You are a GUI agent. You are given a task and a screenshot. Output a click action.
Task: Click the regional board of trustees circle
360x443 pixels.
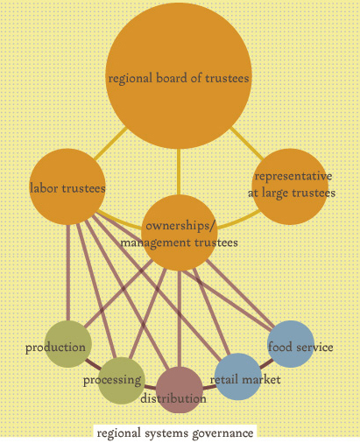(179, 76)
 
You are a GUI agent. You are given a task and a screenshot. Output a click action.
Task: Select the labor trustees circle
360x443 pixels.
(67, 186)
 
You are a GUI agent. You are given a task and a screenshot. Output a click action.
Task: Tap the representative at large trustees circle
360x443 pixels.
(290, 186)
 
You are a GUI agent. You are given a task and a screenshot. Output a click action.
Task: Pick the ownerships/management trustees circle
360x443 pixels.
(180, 233)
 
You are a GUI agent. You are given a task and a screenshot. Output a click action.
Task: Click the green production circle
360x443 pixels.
(68, 344)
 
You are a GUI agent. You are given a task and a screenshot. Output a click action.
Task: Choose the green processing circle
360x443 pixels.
(122, 381)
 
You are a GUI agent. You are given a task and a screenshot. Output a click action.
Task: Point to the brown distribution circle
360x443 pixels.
(180, 390)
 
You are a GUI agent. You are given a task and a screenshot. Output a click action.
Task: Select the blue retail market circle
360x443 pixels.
(238, 376)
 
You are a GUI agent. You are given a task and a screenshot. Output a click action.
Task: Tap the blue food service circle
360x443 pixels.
(291, 344)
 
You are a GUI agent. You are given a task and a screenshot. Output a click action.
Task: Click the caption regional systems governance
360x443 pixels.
(175, 433)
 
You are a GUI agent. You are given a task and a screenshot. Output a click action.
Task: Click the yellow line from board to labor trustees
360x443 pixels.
(110, 144)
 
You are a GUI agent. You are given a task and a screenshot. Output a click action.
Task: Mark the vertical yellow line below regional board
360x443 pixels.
(179, 172)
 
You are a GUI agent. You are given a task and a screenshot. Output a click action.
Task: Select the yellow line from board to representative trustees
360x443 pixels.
(247, 144)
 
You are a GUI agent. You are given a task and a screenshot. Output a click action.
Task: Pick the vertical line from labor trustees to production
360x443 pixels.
(68, 273)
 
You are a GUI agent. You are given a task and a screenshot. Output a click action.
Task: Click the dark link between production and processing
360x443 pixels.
(93, 363)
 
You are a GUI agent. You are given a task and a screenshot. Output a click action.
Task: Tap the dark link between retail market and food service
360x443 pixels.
(266, 363)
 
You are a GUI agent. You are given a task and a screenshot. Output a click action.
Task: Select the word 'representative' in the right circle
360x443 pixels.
(293, 176)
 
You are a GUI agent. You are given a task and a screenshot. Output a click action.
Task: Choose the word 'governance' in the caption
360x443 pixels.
(222, 433)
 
